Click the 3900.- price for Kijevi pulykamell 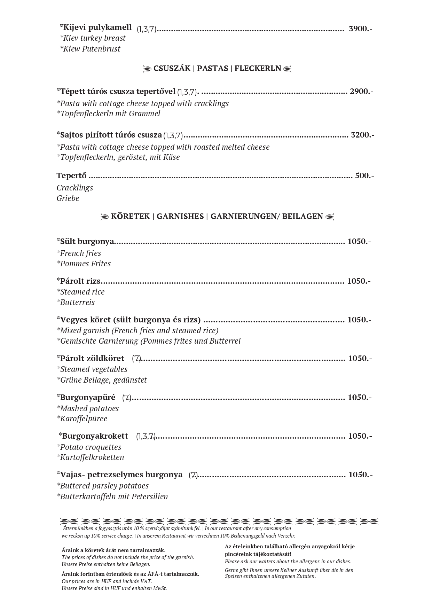360,29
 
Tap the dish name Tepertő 71,175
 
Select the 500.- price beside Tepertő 364,175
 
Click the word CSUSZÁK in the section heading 172,68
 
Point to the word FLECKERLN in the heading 258,68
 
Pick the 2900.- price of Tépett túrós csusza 361,92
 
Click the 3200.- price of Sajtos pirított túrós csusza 362,135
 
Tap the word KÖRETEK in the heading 130,217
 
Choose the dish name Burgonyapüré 87,397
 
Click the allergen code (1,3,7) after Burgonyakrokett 146,436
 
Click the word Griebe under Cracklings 68,198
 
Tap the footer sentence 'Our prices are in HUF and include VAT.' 107,581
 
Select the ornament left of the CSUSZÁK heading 148,69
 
